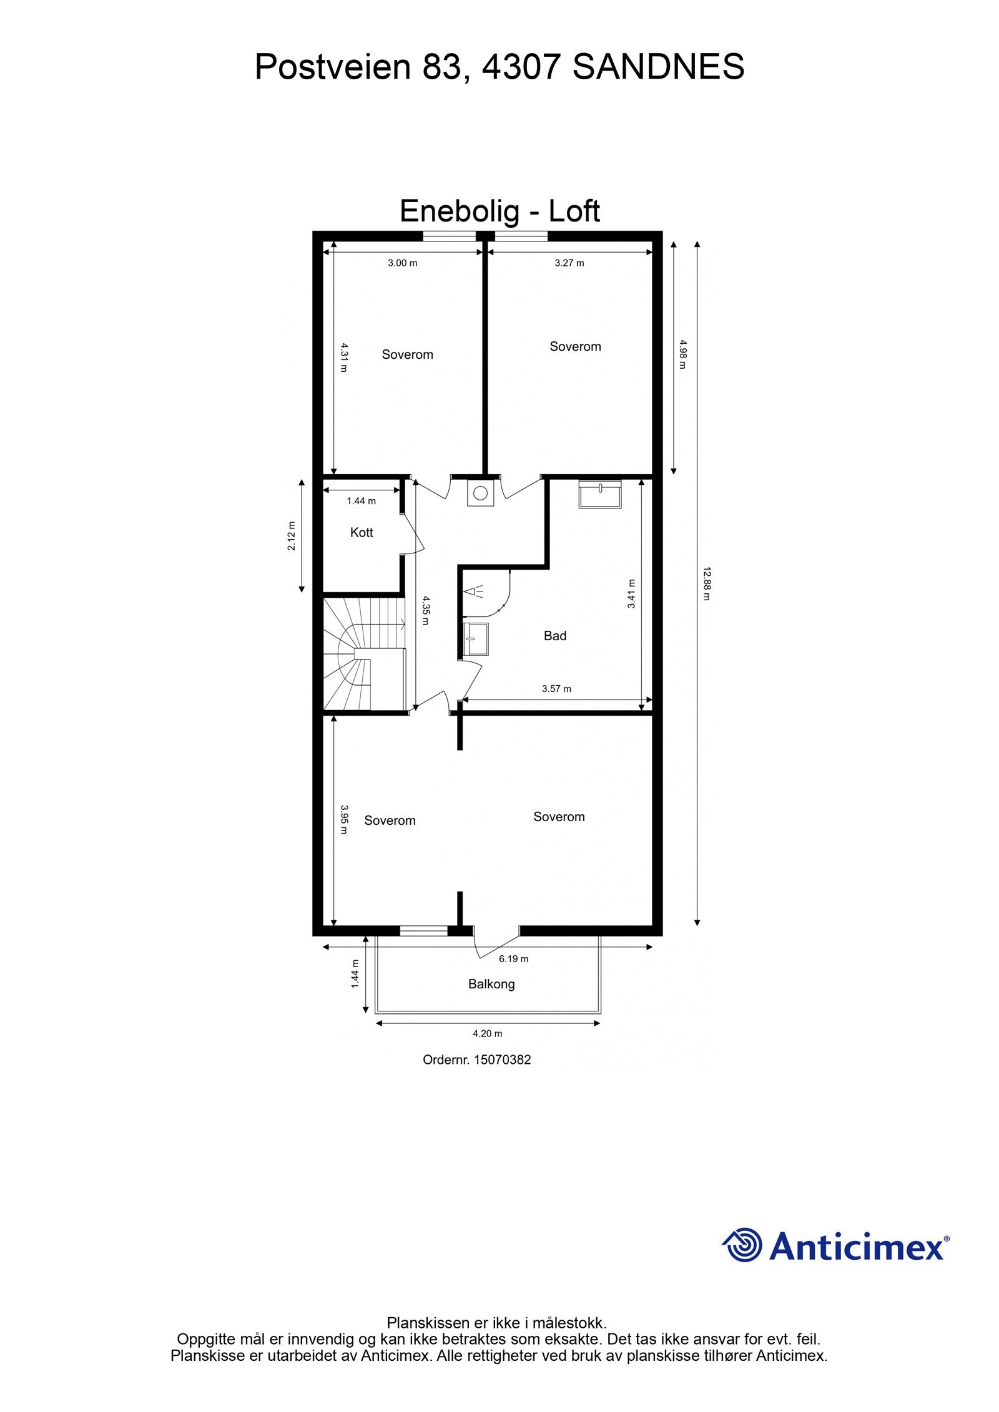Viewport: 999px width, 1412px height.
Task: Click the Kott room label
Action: (362, 532)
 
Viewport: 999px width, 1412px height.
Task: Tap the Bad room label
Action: (555, 636)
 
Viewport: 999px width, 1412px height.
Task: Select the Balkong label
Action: (491, 984)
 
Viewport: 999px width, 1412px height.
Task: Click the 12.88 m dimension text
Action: (707, 583)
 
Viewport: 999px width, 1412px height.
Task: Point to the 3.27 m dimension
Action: (569, 263)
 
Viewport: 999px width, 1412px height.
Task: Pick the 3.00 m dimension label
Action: (403, 263)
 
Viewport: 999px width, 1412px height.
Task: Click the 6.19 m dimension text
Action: (513, 958)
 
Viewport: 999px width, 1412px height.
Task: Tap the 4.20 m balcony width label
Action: (488, 1033)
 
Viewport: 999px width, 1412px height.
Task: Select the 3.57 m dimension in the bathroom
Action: (556, 689)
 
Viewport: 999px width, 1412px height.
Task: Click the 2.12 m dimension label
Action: (292, 535)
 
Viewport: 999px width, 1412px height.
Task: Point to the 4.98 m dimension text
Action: (682, 354)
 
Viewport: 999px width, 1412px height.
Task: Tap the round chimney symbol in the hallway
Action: (480, 493)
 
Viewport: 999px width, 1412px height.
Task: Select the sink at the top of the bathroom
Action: (600, 495)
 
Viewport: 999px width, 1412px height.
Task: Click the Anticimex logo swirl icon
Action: (742, 1245)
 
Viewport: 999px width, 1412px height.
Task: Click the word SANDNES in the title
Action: (658, 67)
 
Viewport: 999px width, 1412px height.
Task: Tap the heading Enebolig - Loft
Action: (499, 211)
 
